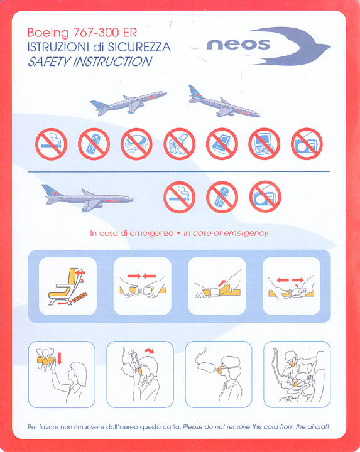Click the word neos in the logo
click(239, 45)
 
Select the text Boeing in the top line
click(48, 33)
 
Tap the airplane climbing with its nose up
click(129, 102)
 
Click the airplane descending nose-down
click(224, 102)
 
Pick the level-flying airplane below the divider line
click(88, 198)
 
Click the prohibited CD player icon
click(136, 144)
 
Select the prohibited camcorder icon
click(180, 144)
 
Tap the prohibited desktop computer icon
click(265, 144)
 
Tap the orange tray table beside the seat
click(80, 297)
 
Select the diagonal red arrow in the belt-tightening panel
click(222, 283)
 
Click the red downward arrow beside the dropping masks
click(60, 358)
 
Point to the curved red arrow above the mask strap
click(150, 351)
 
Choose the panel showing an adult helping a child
click(297, 374)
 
